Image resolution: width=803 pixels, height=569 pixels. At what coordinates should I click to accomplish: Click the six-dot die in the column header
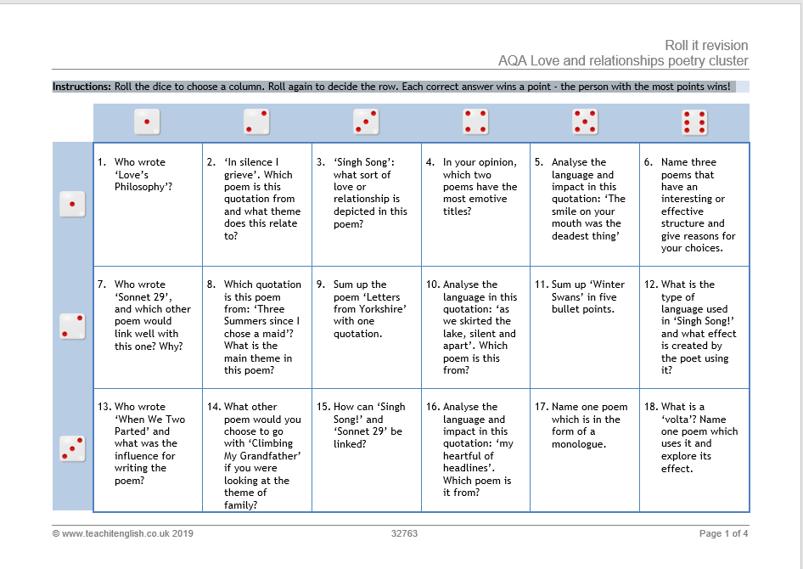(x=694, y=122)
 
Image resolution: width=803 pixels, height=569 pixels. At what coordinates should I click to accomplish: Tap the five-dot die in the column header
(x=585, y=122)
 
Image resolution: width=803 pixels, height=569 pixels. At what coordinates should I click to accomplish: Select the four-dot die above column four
(x=475, y=122)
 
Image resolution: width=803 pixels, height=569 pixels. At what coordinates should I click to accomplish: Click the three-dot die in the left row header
(x=72, y=448)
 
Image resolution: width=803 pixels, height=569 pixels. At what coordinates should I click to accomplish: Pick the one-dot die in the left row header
(x=72, y=204)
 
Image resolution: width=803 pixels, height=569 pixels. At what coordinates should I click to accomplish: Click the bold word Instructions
(x=82, y=87)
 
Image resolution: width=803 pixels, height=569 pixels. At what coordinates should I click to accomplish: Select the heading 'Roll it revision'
(x=706, y=45)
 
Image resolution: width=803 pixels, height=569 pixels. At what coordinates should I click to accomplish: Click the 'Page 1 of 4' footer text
(x=723, y=533)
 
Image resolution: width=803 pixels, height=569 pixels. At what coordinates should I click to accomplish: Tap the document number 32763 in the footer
(x=404, y=533)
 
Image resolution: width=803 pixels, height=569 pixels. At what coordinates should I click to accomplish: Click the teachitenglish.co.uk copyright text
(x=123, y=533)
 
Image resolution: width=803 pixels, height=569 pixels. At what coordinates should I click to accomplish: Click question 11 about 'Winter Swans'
(x=580, y=296)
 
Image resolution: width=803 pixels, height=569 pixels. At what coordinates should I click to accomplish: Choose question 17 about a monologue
(x=581, y=425)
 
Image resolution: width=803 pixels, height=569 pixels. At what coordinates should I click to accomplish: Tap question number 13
(x=104, y=407)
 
